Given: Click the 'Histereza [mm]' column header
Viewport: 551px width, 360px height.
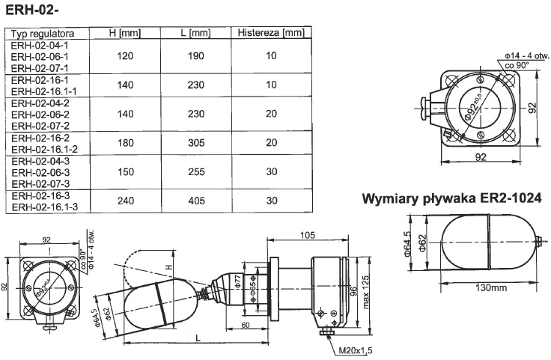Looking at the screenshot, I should coord(270,34).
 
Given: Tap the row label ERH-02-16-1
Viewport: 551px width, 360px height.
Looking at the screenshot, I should coord(40,79).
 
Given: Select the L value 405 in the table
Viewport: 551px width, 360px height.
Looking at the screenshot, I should coord(197,200).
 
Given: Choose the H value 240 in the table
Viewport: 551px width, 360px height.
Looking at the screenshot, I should coord(124,200).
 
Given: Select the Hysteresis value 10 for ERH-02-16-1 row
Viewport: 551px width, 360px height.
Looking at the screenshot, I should coord(270,85).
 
